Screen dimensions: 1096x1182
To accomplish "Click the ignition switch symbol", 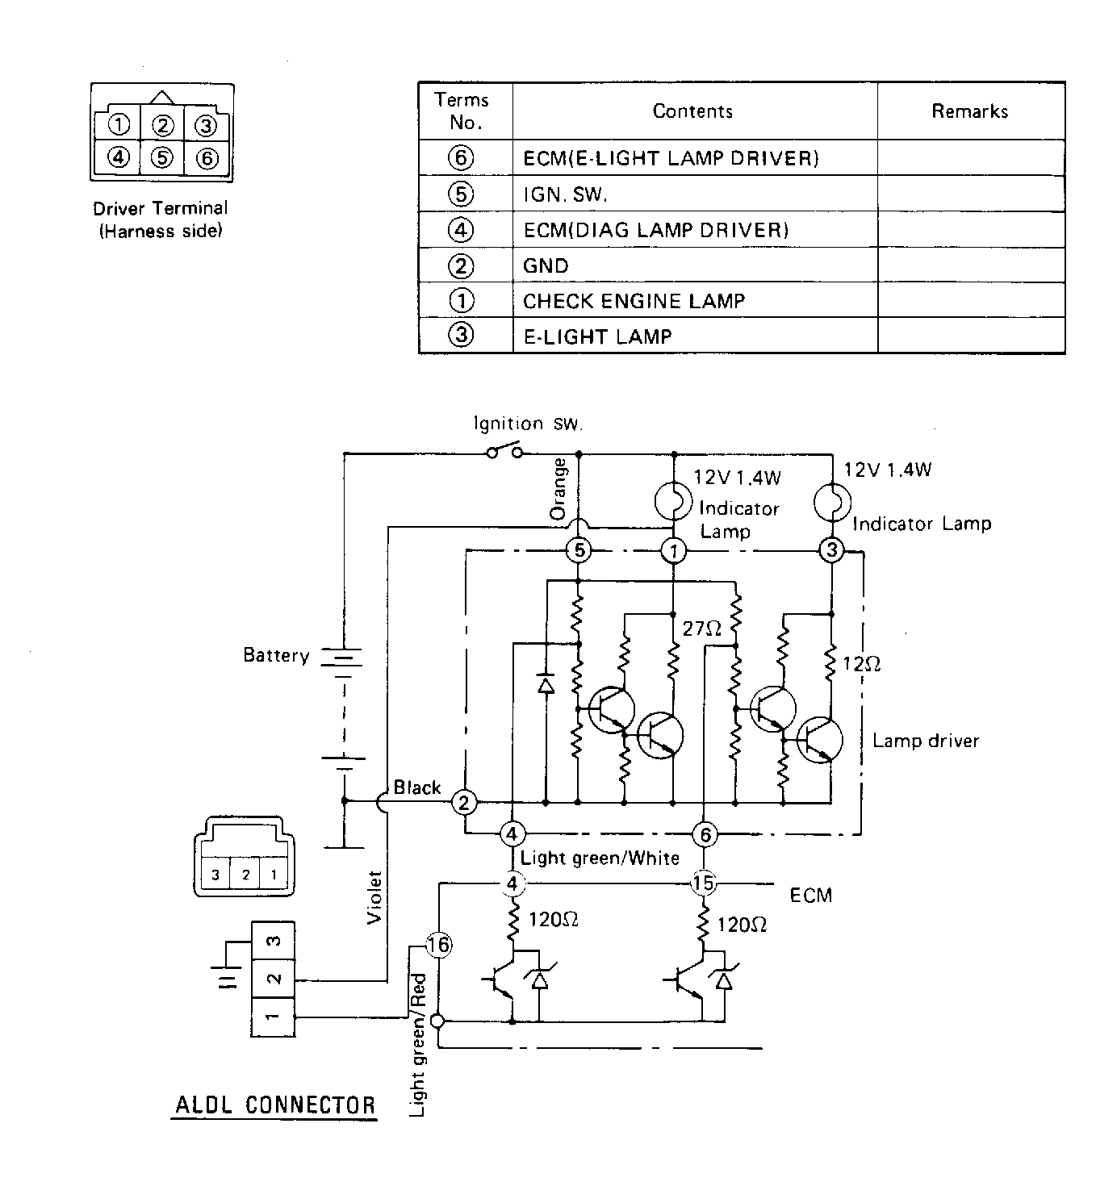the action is click(x=504, y=450).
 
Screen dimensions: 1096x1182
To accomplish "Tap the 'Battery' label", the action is click(x=276, y=655).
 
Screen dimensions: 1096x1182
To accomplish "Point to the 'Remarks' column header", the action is click(x=970, y=111).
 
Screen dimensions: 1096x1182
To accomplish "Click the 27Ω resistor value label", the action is click(x=701, y=629).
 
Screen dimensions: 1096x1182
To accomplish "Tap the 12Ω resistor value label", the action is click(x=861, y=663).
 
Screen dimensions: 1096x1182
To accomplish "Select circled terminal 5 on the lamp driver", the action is click(x=579, y=550).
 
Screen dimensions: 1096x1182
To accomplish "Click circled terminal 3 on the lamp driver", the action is click(x=831, y=550).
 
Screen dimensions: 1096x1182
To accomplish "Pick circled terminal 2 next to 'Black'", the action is click(x=464, y=803).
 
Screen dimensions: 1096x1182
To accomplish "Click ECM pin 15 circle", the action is click(x=704, y=883).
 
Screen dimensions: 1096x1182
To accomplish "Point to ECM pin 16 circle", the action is click(x=439, y=945).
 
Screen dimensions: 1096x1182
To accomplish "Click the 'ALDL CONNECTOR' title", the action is click(x=275, y=1105).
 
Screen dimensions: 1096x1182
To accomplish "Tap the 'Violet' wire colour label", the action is click(x=374, y=897).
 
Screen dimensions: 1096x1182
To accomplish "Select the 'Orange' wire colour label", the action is click(x=558, y=489).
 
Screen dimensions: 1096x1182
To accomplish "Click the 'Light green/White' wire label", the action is click(x=600, y=858).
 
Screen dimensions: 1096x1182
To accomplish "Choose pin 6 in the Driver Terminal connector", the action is click(x=207, y=158).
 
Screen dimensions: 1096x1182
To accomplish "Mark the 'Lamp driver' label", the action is click(x=926, y=741).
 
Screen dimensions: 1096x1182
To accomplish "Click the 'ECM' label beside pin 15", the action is click(x=810, y=895).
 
